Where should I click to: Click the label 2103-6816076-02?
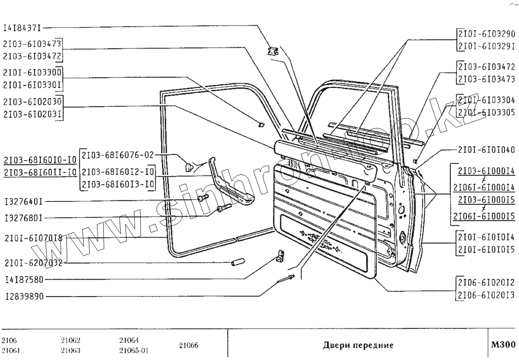click(118, 155)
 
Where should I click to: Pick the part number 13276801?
click(24, 218)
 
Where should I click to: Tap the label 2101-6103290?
click(486, 34)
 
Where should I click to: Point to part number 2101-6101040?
click(486, 149)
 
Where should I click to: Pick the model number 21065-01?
click(133, 350)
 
